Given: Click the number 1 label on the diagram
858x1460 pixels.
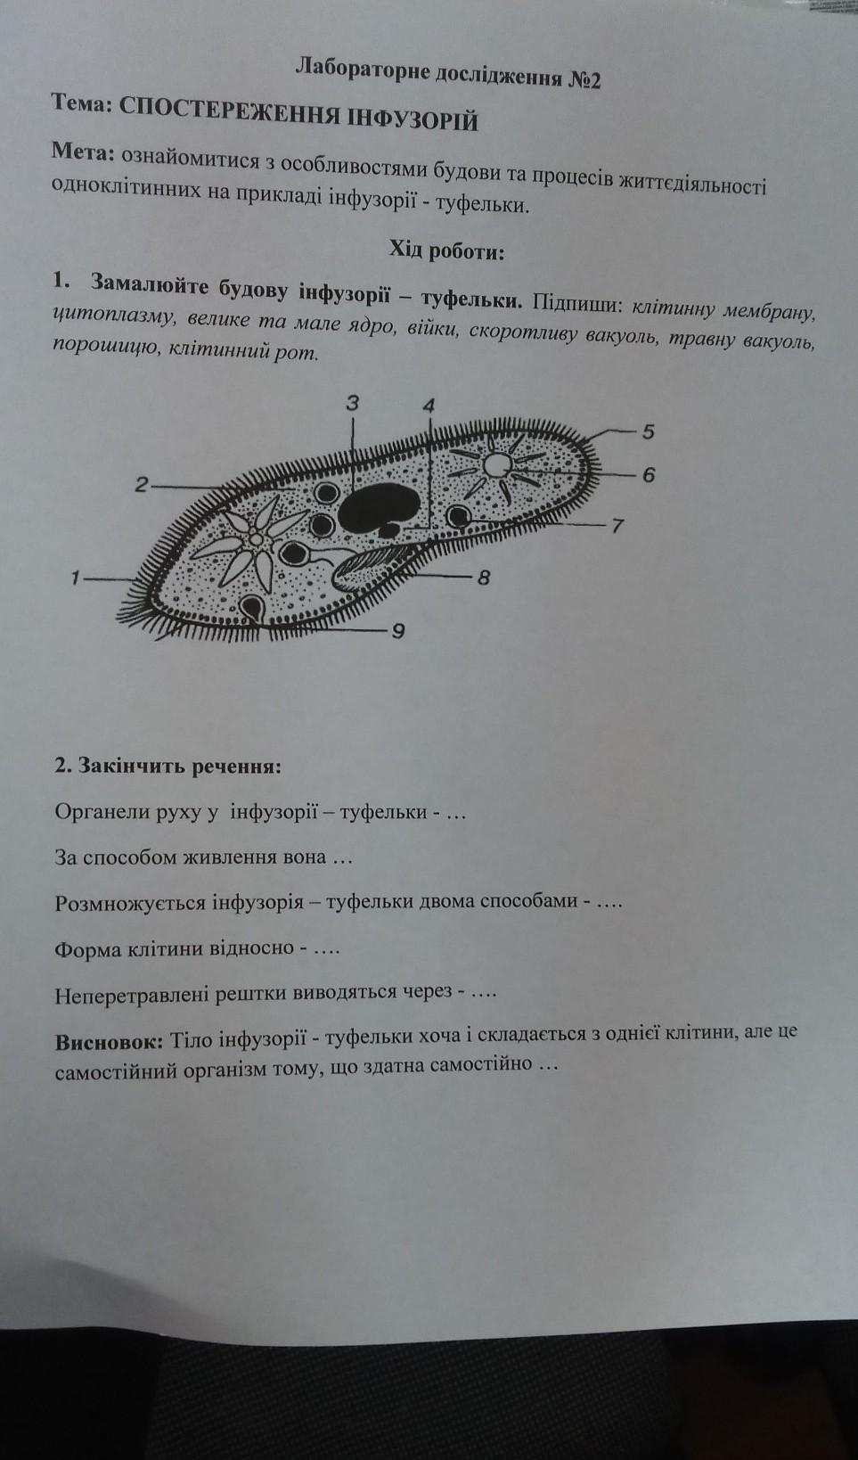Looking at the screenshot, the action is pyautogui.click(x=76, y=578).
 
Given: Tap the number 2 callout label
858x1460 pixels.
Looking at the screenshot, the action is pyautogui.click(x=141, y=485).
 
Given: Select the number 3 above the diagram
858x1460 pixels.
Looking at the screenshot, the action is pyautogui.click(x=353, y=403).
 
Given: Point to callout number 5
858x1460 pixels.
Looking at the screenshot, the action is pyautogui.click(x=648, y=432).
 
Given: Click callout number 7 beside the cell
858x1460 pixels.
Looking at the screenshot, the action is pyautogui.click(x=617, y=525).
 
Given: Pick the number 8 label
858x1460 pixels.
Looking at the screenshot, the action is pyautogui.click(x=484, y=578).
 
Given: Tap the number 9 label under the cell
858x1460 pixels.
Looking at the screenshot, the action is pyautogui.click(x=398, y=631).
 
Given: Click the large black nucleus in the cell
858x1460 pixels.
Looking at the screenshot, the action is pyautogui.click(x=378, y=508).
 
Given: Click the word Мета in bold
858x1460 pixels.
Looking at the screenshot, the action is pyautogui.click(x=84, y=152).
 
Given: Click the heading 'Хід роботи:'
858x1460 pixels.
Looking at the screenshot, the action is pyautogui.click(x=446, y=251).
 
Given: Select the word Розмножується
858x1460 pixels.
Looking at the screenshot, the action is pyautogui.click(x=129, y=902).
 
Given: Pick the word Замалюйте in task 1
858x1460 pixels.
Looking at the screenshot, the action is pyautogui.click(x=149, y=287).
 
